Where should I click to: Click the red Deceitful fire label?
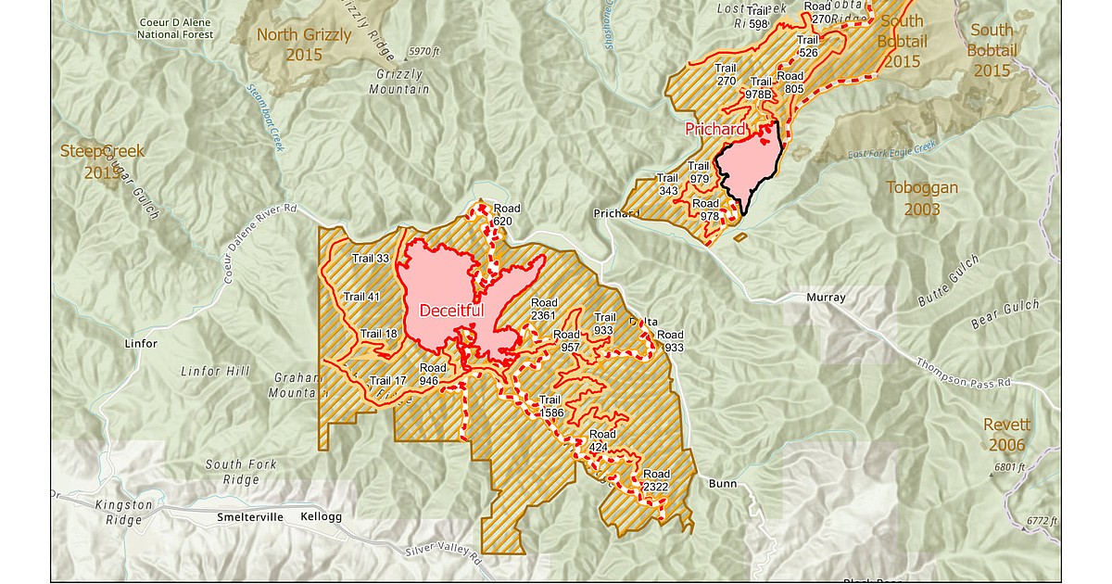click(x=451, y=311)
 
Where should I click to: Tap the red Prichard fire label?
click(x=714, y=129)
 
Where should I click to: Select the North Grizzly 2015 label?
click(x=304, y=44)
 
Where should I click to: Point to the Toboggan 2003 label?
click(x=921, y=197)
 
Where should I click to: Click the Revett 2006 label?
click(x=1005, y=434)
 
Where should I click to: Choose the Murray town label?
click(x=826, y=298)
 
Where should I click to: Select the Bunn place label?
click(x=722, y=484)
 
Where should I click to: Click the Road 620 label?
click(x=503, y=214)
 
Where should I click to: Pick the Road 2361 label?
click(x=544, y=310)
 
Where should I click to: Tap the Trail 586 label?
click(x=550, y=406)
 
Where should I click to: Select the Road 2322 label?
click(x=656, y=480)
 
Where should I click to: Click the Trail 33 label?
click(x=371, y=258)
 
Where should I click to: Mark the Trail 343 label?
click(x=667, y=184)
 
